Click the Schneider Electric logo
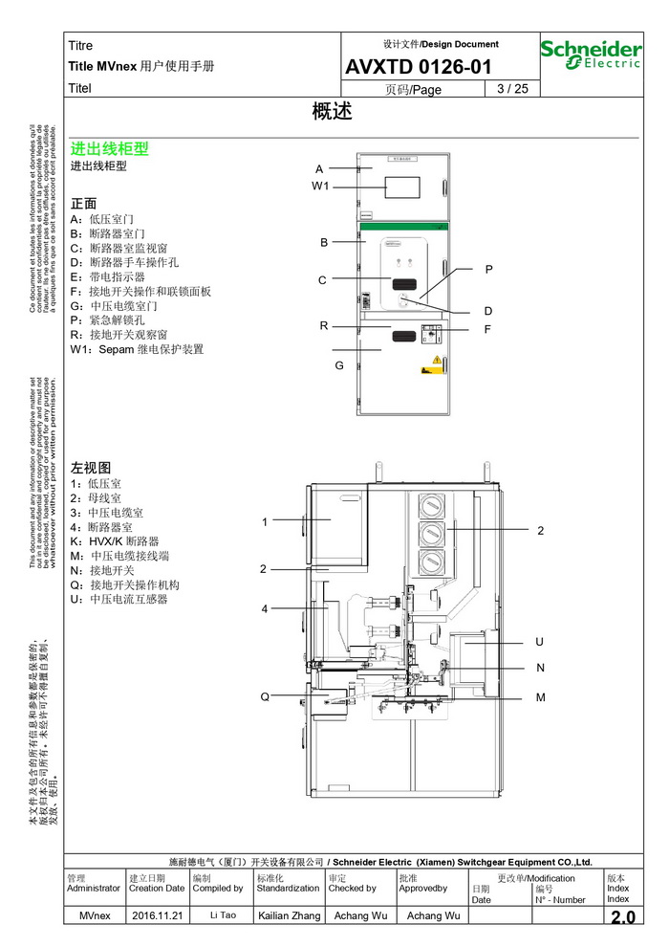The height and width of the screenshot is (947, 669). coord(591,54)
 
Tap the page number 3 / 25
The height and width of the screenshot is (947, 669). coord(512,89)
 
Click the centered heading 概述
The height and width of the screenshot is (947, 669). coord(333,112)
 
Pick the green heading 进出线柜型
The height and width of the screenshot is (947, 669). coord(110,149)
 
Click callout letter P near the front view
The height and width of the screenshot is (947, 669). coord(488,270)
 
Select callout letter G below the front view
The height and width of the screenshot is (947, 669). coord(338,365)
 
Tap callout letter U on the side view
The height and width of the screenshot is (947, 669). coord(540,642)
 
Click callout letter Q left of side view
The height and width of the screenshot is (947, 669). coord(265,696)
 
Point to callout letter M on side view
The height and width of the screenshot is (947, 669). coord(540,697)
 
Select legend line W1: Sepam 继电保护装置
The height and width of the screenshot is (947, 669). coord(137,349)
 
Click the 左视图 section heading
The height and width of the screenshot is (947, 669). coord(91,468)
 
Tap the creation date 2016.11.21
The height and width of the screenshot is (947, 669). coord(157,916)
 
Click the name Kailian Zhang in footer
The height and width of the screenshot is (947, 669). coord(290,916)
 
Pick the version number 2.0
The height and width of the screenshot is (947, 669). coord(622,917)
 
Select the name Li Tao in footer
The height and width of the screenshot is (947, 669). coord(222,916)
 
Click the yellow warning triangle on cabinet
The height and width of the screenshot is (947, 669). coord(437,360)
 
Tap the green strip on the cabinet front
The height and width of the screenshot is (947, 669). coord(402,228)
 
